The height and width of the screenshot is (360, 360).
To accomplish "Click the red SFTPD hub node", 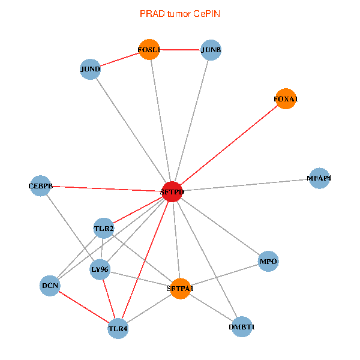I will click(x=172, y=191).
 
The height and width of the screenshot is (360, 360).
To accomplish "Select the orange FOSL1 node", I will click(x=149, y=49).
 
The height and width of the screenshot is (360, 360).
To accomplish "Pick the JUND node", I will click(x=90, y=69).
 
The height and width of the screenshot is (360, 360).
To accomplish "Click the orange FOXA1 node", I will click(x=286, y=98).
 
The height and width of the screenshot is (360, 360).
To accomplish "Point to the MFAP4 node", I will click(x=319, y=178).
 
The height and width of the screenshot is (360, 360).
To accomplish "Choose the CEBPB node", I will click(x=41, y=186).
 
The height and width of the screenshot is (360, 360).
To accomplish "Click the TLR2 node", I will click(x=104, y=228).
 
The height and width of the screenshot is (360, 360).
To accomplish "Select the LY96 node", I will click(x=100, y=269).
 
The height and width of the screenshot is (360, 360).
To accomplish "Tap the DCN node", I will click(x=50, y=286).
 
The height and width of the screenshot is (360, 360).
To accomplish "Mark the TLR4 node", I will click(x=118, y=328).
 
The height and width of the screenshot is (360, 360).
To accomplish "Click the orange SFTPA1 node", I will click(x=180, y=289).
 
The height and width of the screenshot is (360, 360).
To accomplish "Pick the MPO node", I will click(x=268, y=261).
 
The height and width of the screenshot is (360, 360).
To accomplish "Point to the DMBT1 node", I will click(x=242, y=327).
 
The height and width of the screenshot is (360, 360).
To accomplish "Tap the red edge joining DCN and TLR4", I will click(x=84, y=307).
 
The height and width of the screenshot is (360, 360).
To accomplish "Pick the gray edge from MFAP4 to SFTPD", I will click(x=246, y=185).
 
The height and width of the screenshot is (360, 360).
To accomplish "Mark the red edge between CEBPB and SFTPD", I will click(x=107, y=188).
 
